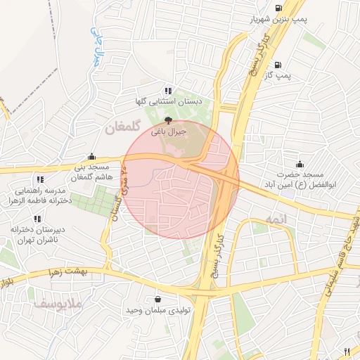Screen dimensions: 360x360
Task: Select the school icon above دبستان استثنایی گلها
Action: (x=167, y=91)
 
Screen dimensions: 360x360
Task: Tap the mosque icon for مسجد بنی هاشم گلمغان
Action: (x=92, y=157)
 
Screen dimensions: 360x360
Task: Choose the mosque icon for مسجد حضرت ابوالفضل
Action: (x=300, y=163)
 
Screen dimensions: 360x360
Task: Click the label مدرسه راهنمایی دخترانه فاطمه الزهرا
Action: (x=40, y=195)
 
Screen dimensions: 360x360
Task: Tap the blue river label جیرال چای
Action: (x=98, y=46)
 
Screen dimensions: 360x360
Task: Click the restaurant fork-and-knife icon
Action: (x=346, y=351)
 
